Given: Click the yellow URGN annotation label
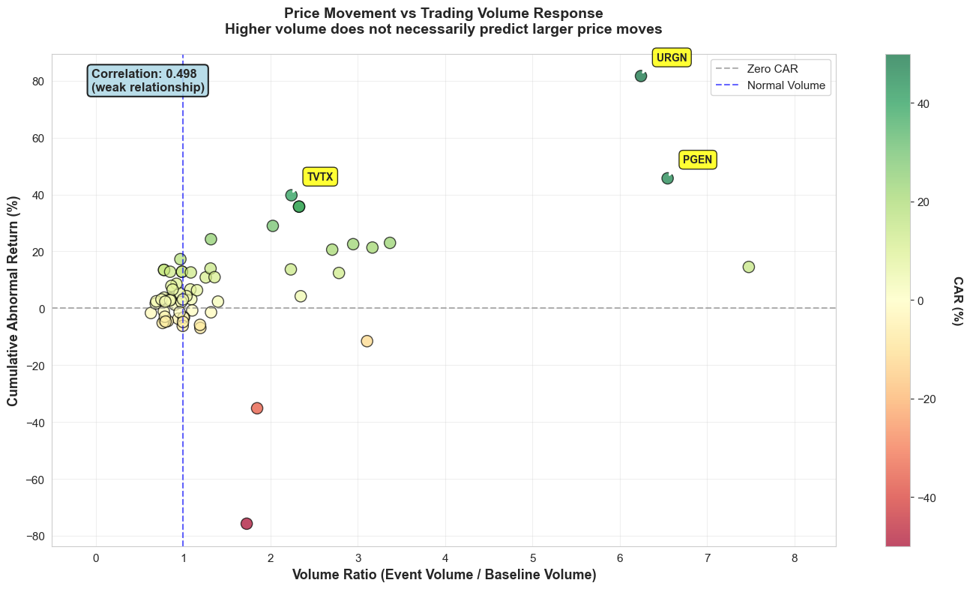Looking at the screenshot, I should point(671,58).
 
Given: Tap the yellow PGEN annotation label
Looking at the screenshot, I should point(697,160).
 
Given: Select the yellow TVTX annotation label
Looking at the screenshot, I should point(320,177).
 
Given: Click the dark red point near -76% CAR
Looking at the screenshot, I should point(247,524).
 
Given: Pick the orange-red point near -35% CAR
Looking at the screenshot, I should point(257,408).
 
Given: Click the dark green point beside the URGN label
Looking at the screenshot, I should point(641,76).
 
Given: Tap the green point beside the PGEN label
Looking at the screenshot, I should point(667,178).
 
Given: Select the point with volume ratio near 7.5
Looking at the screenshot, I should point(748,267).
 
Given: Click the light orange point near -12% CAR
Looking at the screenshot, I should point(367,341).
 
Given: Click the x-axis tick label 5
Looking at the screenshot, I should point(533,558).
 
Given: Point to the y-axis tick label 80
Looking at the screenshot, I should point(36,81).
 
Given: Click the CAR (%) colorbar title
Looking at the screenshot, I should point(958,300).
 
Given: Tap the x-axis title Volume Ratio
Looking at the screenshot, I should point(444,576).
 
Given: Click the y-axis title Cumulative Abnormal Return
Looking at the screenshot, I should point(13,300).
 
